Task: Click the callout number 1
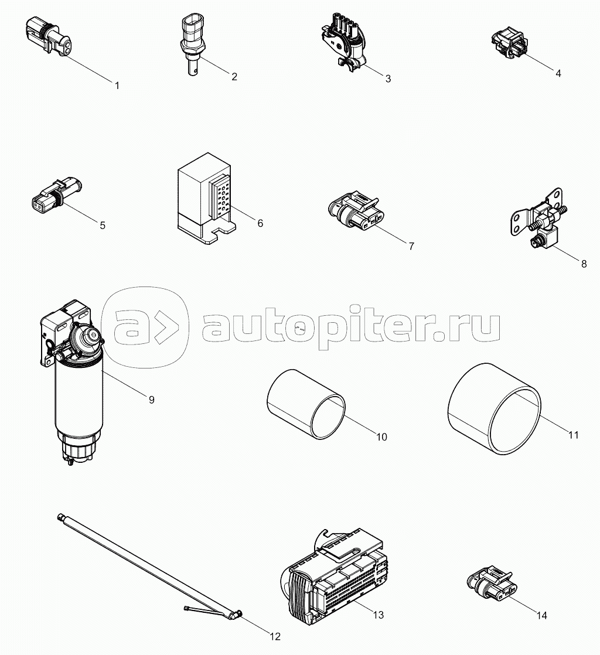(117, 86)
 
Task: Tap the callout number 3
(388, 79)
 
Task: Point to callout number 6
(260, 223)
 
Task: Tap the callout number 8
(584, 264)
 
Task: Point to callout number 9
(151, 400)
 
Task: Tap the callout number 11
(574, 435)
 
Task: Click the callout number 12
(275, 636)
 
